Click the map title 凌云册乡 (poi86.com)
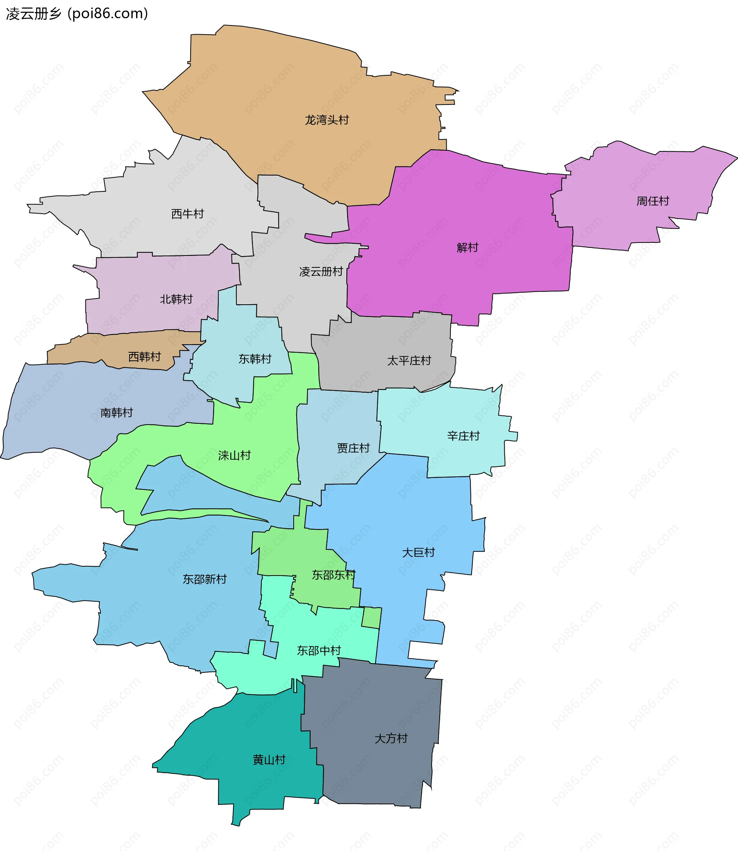point(76,14)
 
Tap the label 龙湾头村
point(327,120)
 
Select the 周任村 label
point(653,201)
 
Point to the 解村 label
point(467,247)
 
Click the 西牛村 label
point(188,214)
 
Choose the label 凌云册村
point(321,272)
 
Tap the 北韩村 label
point(176,299)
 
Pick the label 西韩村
point(144,357)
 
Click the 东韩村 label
point(255,359)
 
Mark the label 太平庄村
point(409,361)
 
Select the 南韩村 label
point(116,413)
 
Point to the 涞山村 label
point(234,455)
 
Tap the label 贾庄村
point(353,448)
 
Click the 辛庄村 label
point(463,436)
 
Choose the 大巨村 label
point(419,552)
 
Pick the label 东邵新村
point(204,579)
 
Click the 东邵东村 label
point(334,575)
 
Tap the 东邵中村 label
point(319,650)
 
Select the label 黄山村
point(269,760)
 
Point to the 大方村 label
point(391,738)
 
